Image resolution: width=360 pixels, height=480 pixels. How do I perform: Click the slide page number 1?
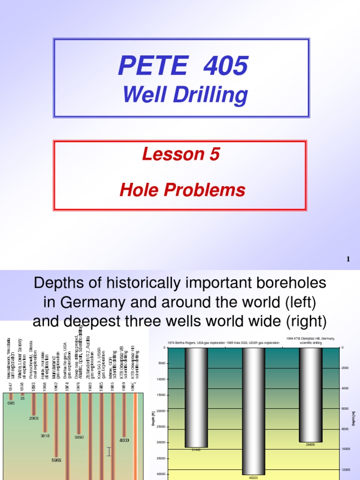(x=348, y=259)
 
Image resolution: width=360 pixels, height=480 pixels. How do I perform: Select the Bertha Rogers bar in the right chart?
(x=196, y=397)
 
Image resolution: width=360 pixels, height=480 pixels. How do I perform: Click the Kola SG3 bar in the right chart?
(x=254, y=410)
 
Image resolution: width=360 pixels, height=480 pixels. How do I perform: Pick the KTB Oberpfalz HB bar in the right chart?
(x=310, y=394)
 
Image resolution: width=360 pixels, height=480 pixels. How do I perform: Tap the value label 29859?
(x=310, y=444)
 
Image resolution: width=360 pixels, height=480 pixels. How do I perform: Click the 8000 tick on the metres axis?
(x=345, y=429)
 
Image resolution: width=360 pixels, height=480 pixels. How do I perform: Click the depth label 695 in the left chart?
(x=11, y=403)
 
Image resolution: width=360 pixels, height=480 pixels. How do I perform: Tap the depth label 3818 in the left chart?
(x=45, y=435)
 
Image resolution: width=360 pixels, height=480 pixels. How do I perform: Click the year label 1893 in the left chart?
(x=33, y=386)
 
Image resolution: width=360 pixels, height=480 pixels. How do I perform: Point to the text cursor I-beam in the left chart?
(x=109, y=452)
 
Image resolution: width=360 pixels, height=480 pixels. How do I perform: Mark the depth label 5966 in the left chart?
(x=56, y=460)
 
